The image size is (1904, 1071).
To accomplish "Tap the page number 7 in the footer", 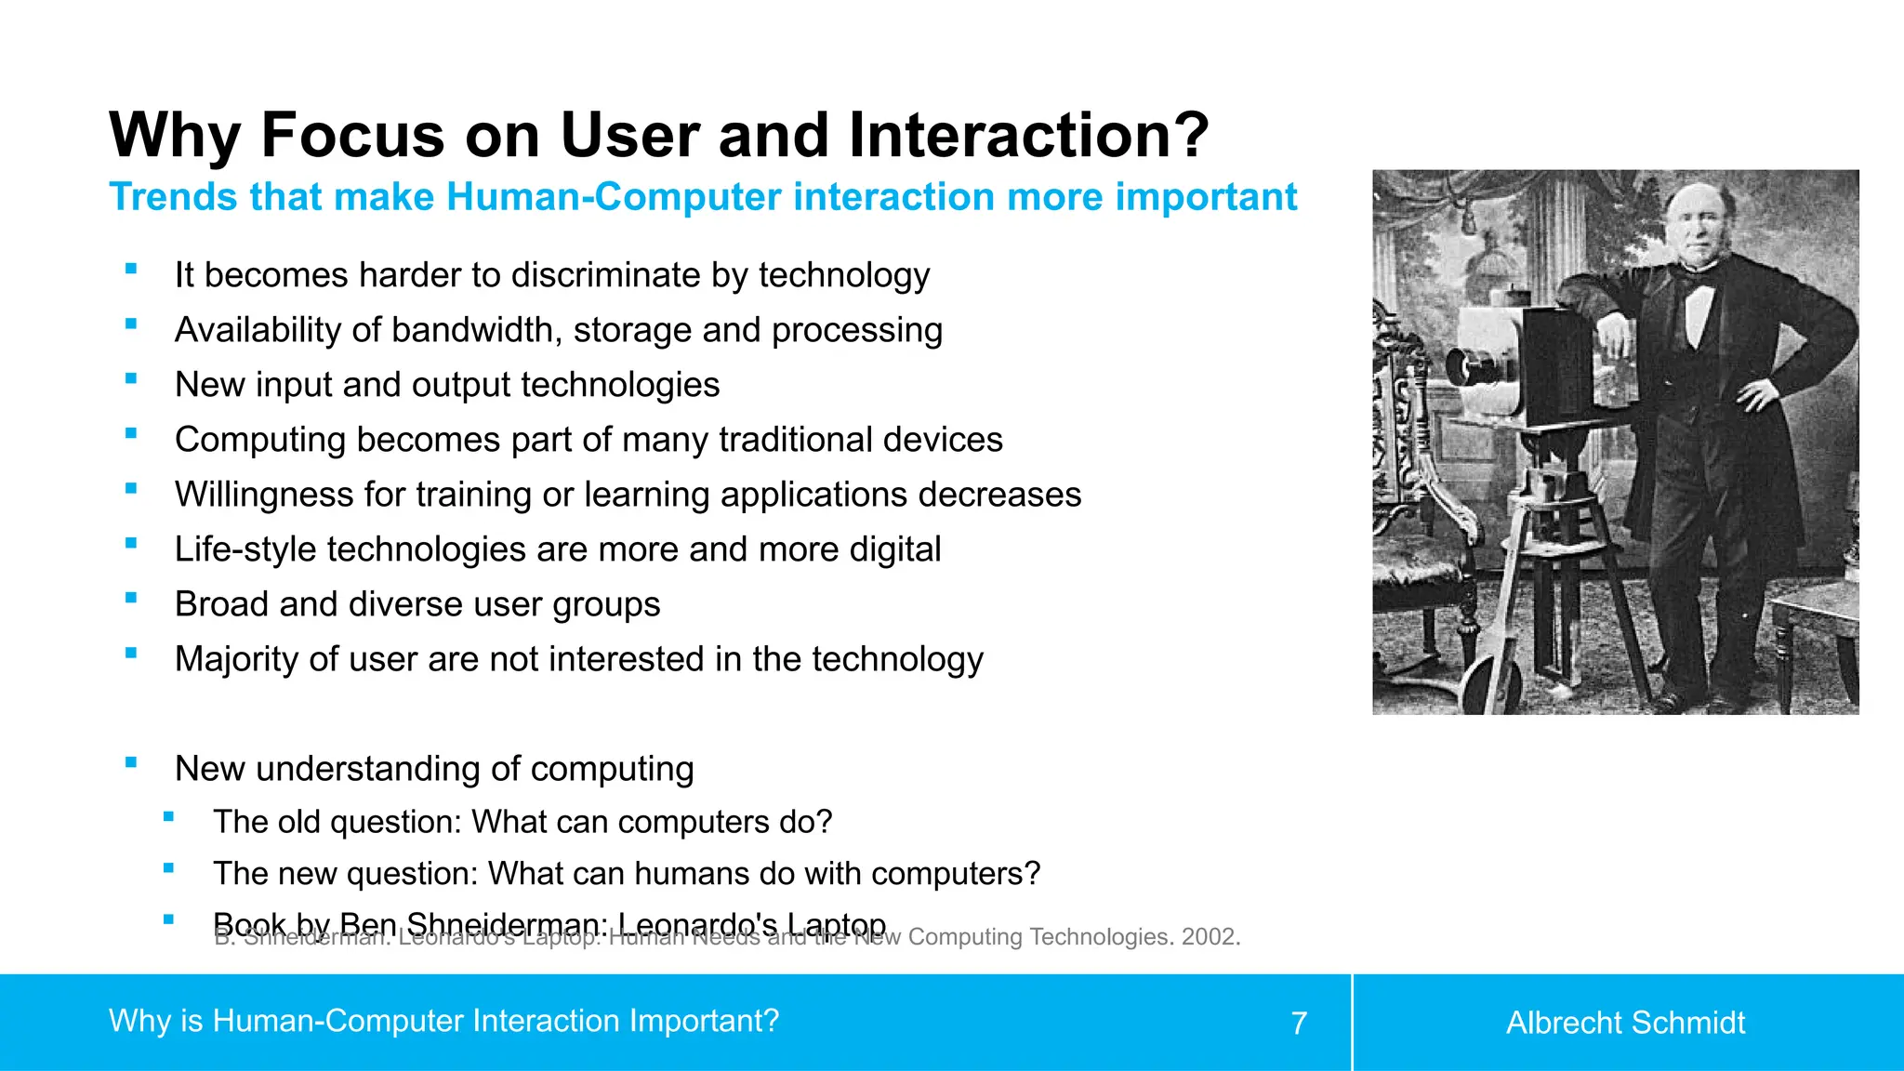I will coord(1299,1024).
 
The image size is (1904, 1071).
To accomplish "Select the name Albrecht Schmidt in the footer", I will coord(1625,1023).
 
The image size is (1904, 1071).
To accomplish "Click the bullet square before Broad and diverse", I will coord(131,598).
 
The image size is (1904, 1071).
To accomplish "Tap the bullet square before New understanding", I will coord(131,762).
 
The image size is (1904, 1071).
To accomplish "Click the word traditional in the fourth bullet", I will coord(796,440).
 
